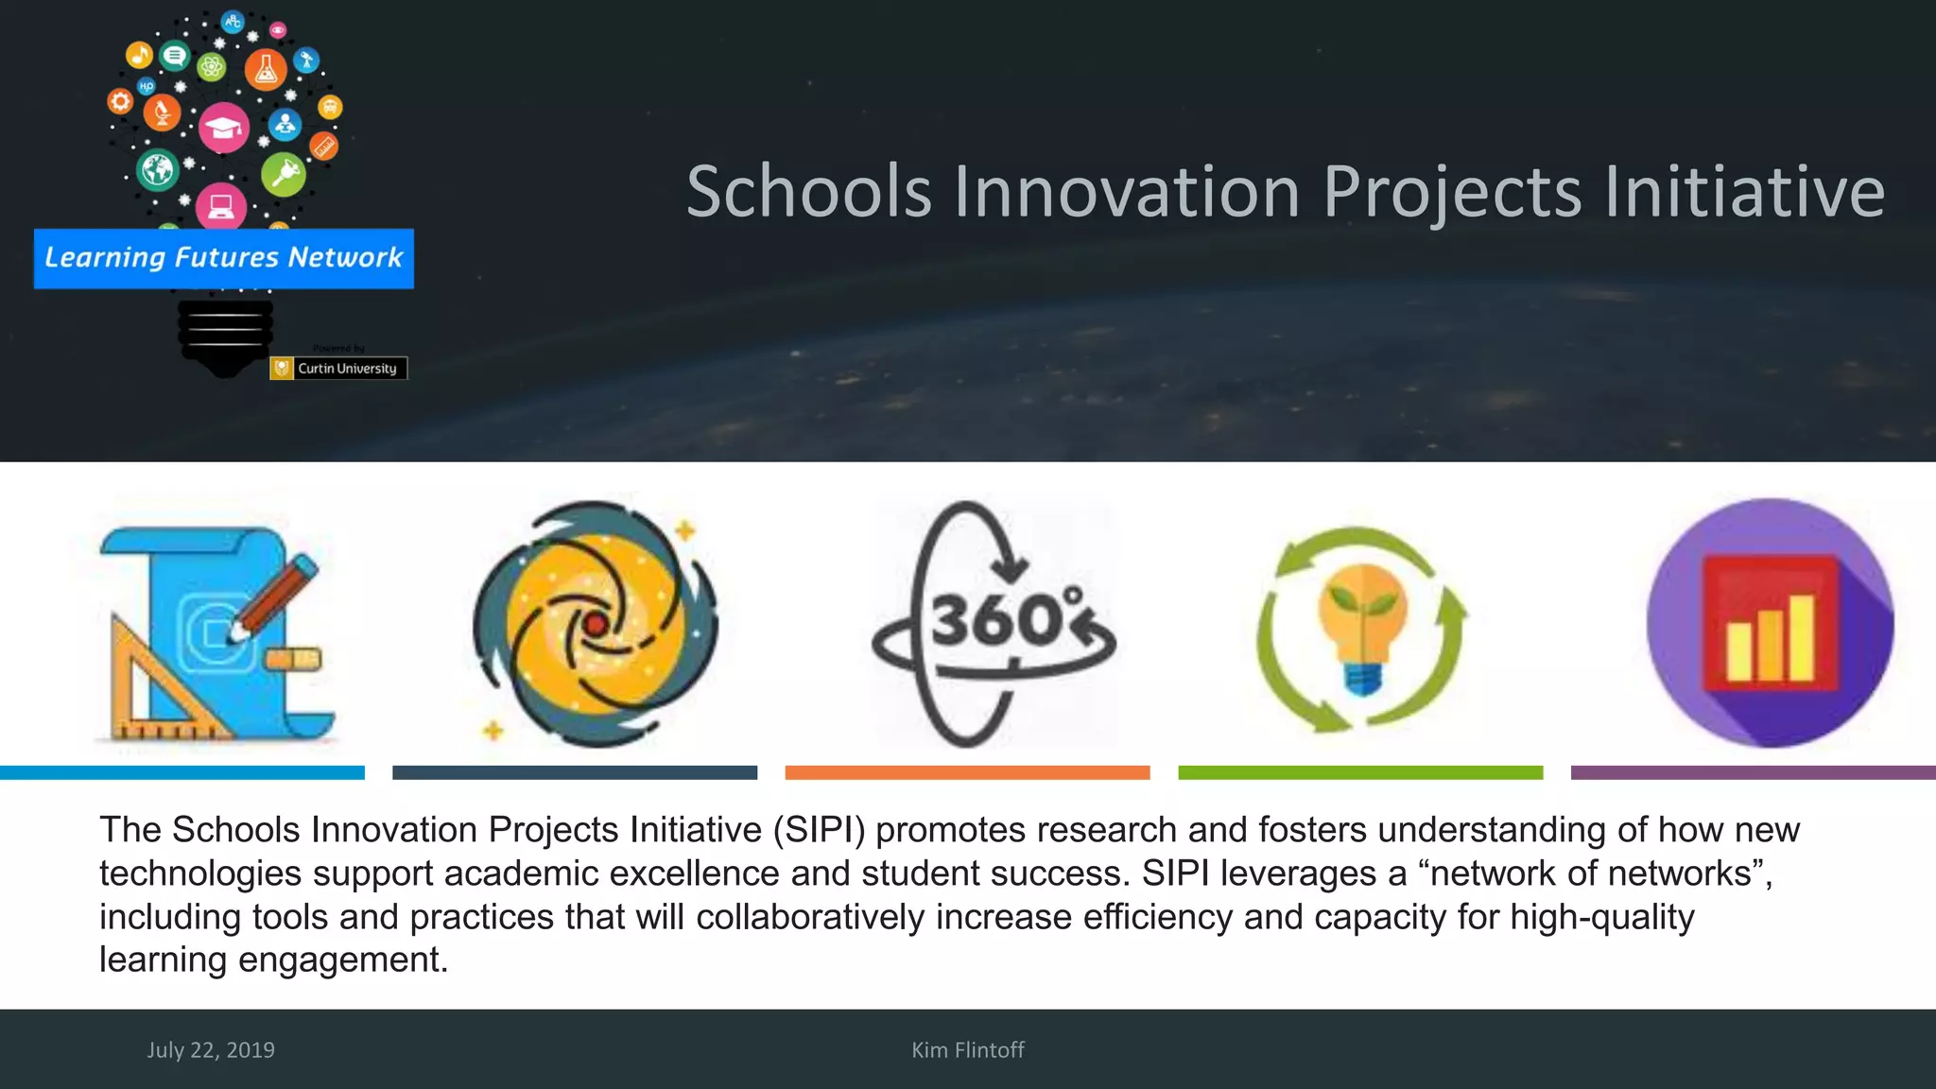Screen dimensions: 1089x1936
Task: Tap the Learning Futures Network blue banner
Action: click(x=224, y=258)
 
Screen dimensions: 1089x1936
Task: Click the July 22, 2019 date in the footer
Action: click(x=211, y=1050)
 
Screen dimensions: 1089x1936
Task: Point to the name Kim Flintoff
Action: click(x=967, y=1050)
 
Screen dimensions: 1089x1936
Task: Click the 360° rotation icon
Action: click(x=993, y=624)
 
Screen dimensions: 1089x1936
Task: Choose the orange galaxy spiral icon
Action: click(x=596, y=624)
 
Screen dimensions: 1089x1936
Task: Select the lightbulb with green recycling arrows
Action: click(x=1361, y=629)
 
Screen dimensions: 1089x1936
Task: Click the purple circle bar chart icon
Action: click(x=1770, y=624)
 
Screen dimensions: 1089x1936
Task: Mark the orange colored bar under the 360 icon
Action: click(x=967, y=772)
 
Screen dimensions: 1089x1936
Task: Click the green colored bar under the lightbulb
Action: click(x=1360, y=772)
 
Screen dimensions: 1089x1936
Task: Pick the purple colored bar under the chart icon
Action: click(x=1753, y=772)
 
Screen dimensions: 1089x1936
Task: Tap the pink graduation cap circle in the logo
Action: click(x=224, y=128)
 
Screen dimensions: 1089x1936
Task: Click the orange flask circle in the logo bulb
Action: click(x=266, y=70)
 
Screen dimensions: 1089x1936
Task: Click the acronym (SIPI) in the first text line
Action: click(x=819, y=830)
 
